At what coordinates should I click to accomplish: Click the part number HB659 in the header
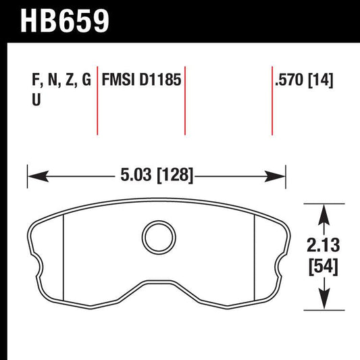point(66,21)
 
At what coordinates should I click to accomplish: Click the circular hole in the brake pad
point(157,236)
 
